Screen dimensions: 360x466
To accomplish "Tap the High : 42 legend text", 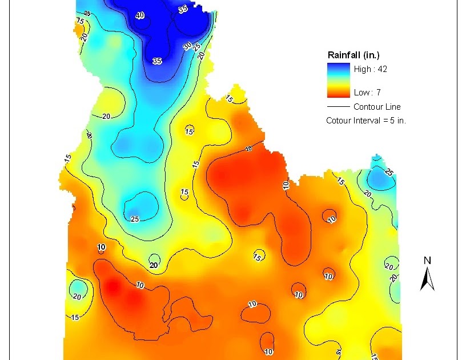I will click(371, 69).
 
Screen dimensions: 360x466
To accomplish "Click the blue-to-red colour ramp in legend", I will click(338, 81).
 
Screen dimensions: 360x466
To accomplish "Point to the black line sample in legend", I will click(338, 107).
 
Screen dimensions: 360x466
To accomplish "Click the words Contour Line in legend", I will click(377, 107).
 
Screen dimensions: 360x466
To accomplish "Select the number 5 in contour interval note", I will click(391, 121).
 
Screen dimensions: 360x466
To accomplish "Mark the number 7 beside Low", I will click(379, 92).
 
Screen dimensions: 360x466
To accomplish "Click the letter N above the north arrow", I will click(427, 261).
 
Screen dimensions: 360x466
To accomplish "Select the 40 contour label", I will click(140, 15).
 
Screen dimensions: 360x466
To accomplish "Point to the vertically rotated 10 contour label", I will click(286, 184).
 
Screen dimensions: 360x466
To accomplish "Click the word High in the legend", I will click(362, 69).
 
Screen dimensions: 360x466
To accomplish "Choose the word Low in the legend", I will click(361, 92).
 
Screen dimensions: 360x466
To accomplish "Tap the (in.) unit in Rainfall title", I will click(371, 55).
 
